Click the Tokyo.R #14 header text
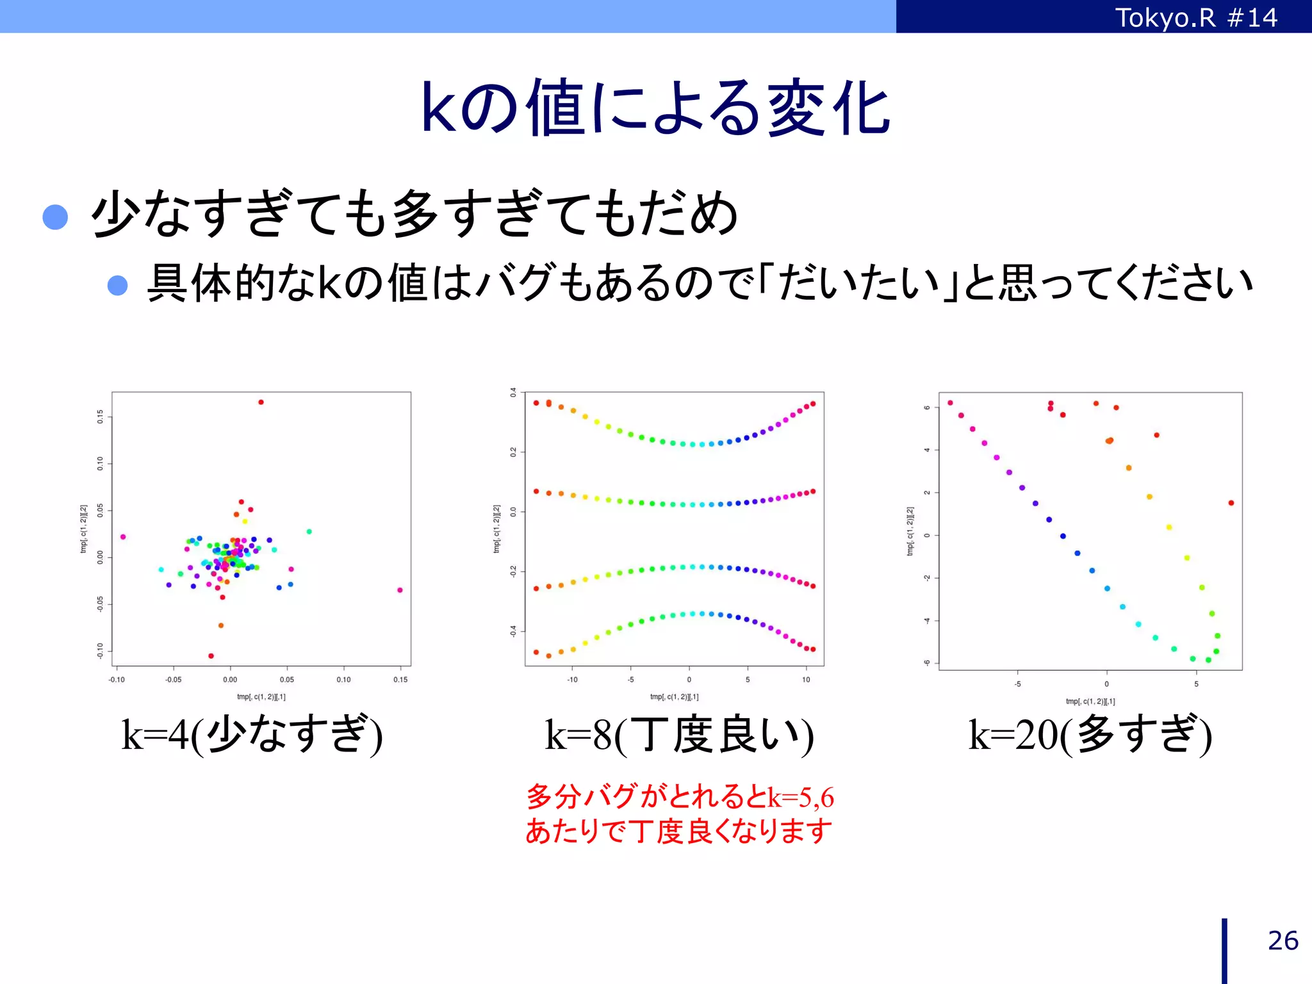[1195, 17]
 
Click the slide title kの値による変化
[655, 108]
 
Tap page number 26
[1283, 940]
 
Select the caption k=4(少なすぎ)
[252, 735]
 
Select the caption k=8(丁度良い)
[679, 735]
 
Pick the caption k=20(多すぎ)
[1090, 735]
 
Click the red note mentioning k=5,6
[679, 814]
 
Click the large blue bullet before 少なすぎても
[55, 217]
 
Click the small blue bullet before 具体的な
[117, 284]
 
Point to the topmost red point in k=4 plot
[261, 402]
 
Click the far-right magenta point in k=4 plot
[400, 590]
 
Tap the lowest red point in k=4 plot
[211, 655]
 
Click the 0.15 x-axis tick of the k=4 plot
[400, 680]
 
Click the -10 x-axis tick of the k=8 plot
[572, 680]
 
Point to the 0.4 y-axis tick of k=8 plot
[513, 392]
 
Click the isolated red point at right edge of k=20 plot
[1231, 503]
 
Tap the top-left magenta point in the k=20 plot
[950, 403]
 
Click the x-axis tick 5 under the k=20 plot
[1195, 684]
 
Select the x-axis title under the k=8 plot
[674, 696]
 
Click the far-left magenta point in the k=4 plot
[123, 537]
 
